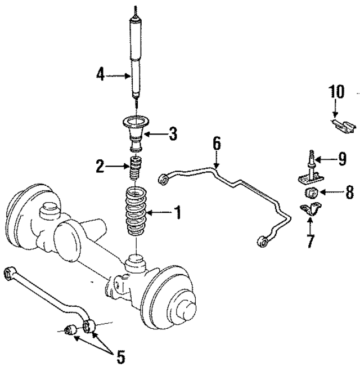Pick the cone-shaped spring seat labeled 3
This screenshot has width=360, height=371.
[x=137, y=133]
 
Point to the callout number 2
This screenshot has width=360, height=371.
[x=99, y=166]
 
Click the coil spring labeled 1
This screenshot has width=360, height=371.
[x=135, y=213]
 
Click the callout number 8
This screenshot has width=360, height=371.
[x=349, y=193]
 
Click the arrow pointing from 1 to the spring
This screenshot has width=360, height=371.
[x=159, y=213]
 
